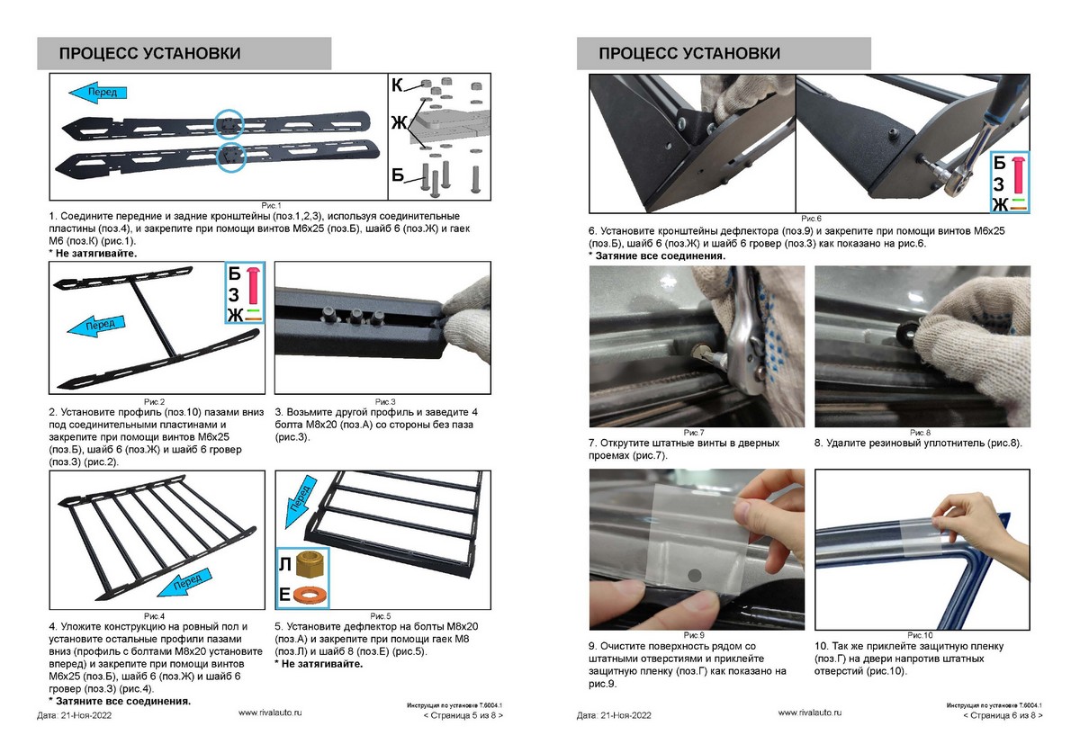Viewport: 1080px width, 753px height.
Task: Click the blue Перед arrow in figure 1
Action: [x=98, y=90]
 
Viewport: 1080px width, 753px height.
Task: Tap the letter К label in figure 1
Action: [x=397, y=86]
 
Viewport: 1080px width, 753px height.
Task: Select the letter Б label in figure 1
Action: [x=397, y=174]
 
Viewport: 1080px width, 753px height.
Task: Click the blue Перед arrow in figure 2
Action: [x=101, y=324]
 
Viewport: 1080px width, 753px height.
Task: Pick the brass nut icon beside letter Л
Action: [x=310, y=564]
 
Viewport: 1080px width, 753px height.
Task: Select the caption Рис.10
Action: [x=921, y=635]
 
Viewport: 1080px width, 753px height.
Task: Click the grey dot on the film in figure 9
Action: [x=693, y=573]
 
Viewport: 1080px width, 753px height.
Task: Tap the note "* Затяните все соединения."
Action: [x=119, y=700]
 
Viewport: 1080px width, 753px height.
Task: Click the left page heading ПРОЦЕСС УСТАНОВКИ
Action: [x=149, y=54]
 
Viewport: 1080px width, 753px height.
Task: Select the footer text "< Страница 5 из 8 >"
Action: [x=463, y=716]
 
